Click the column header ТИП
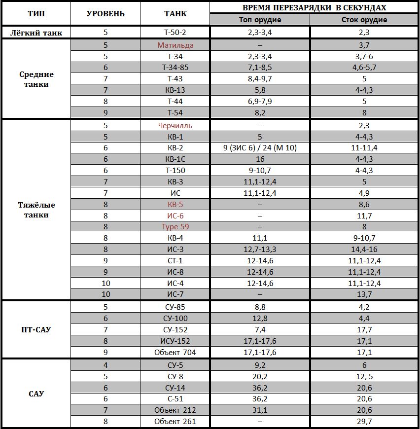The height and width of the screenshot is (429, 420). coord(36,14)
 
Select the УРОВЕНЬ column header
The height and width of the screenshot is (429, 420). coord(105,14)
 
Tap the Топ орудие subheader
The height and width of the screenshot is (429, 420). coord(260,20)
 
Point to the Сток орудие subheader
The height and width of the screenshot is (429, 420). coord(364,20)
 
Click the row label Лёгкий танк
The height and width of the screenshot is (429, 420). coord(36,33)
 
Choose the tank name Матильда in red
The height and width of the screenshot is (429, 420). coord(175,45)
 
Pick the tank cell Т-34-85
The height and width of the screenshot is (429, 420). coord(175,67)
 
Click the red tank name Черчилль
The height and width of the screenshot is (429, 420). coord(175,125)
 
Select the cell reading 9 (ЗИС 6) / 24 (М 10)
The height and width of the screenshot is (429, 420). coord(260,147)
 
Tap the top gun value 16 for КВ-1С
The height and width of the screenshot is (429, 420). coord(260,159)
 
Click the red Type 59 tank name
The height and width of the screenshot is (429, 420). coord(175,227)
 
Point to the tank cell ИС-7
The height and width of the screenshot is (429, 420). coord(175,294)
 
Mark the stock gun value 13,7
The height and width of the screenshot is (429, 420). coord(364,294)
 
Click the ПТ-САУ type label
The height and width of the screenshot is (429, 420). coord(36,329)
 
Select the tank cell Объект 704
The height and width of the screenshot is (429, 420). coord(175,352)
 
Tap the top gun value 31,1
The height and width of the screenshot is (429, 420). coord(260,410)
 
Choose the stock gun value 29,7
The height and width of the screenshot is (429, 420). coord(364,422)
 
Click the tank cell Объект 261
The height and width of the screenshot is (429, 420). coord(175,422)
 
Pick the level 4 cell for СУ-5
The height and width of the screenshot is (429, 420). coord(105,365)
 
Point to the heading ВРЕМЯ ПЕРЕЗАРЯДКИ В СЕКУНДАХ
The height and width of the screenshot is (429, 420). coord(315,8)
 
